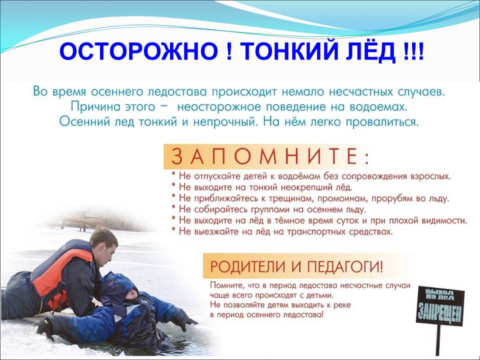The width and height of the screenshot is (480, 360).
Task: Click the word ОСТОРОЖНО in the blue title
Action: [x=138, y=51]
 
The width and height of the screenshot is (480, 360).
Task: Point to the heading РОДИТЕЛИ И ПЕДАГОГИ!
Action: [x=296, y=266]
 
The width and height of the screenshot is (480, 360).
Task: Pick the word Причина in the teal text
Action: [x=95, y=106]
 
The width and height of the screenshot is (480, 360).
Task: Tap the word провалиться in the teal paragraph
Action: [x=382, y=122]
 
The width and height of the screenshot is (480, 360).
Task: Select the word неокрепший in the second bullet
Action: [x=306, y=187]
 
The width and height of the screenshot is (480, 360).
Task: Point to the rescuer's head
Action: [x=103, y=245]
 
